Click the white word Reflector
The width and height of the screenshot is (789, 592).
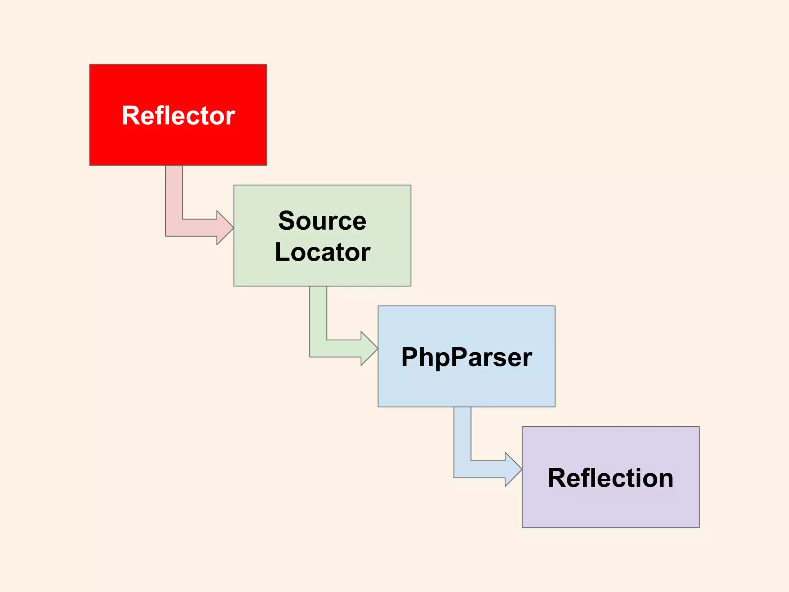[x=178, y=116]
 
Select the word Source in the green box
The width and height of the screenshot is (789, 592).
[x=322, y=221]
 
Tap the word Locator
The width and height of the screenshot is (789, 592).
[x=322, y=252]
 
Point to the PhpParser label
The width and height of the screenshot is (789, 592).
[x=466, y=357]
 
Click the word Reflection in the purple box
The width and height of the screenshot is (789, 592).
[x=610, y=478]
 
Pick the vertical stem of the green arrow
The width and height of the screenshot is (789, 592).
[x=318, y=312]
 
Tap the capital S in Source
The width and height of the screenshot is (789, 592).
[x=287, y=221]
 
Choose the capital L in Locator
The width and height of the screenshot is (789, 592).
[x=282, y=252]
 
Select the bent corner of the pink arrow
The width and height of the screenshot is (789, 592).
[x=174, y=227]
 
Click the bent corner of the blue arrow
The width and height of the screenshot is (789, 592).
[x=462, y=469]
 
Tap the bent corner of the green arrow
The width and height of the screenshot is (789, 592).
[x=318, y=348]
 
